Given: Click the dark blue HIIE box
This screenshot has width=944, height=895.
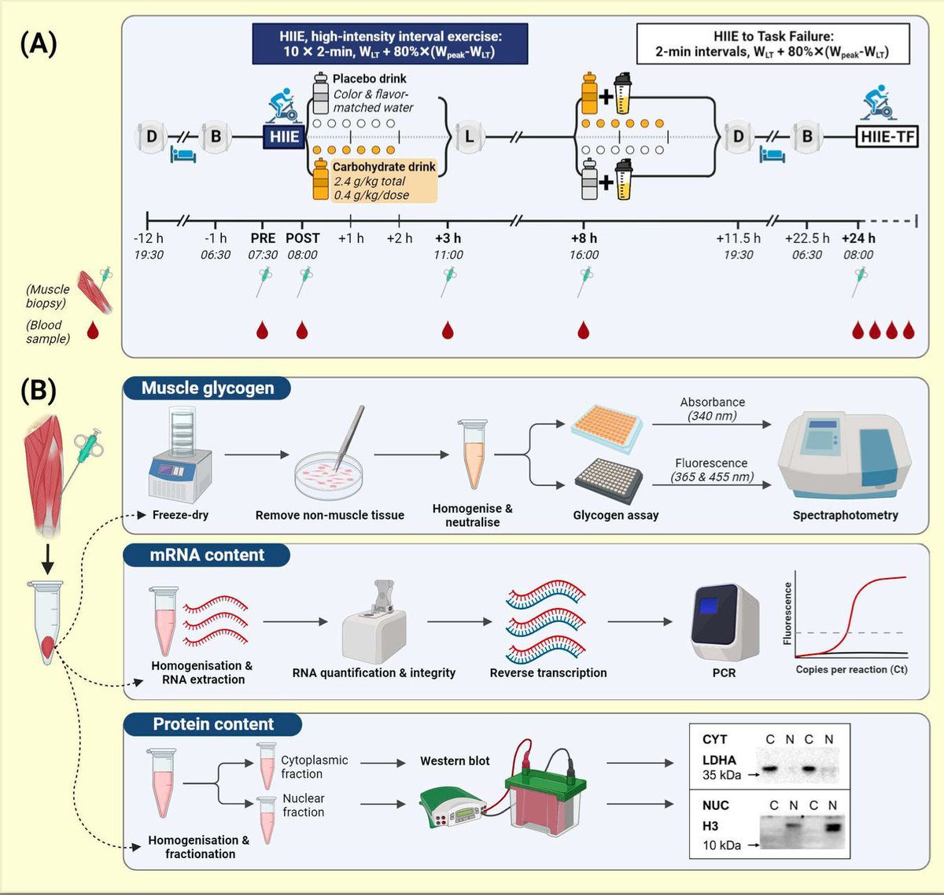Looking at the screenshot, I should coord(284,136).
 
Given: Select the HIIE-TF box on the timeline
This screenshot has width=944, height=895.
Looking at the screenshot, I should coord(887,136).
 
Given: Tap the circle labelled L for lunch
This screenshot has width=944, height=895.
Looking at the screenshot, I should coord(469,136).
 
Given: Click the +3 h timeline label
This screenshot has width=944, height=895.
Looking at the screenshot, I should coord(448,238).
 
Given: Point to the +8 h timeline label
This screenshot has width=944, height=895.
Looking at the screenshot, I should coord(584,238).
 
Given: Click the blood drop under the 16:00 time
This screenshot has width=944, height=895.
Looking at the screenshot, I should coord(583,330).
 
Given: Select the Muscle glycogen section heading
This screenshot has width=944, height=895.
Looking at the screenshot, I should coord(208,388).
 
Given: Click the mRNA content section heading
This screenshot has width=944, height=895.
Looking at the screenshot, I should coord(207,555).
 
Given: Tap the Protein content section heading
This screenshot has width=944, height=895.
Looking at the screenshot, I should coord(213,724).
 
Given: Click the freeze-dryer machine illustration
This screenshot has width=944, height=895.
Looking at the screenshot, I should coord(181,456).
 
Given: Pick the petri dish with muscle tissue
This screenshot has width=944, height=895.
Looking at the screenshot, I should coord(329,476).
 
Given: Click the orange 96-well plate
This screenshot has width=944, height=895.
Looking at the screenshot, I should coord(607,428).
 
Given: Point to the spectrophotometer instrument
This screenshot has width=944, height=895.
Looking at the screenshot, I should coord(844,456).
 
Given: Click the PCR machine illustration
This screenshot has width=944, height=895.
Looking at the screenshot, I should coord(724,623).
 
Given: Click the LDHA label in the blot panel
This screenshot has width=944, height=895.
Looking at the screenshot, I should coord(719,761).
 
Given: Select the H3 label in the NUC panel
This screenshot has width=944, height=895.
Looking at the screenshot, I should coord(710,826).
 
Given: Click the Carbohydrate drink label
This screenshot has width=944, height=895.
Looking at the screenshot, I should coord(384,167).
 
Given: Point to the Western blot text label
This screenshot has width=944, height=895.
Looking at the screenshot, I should coord(455,761).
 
